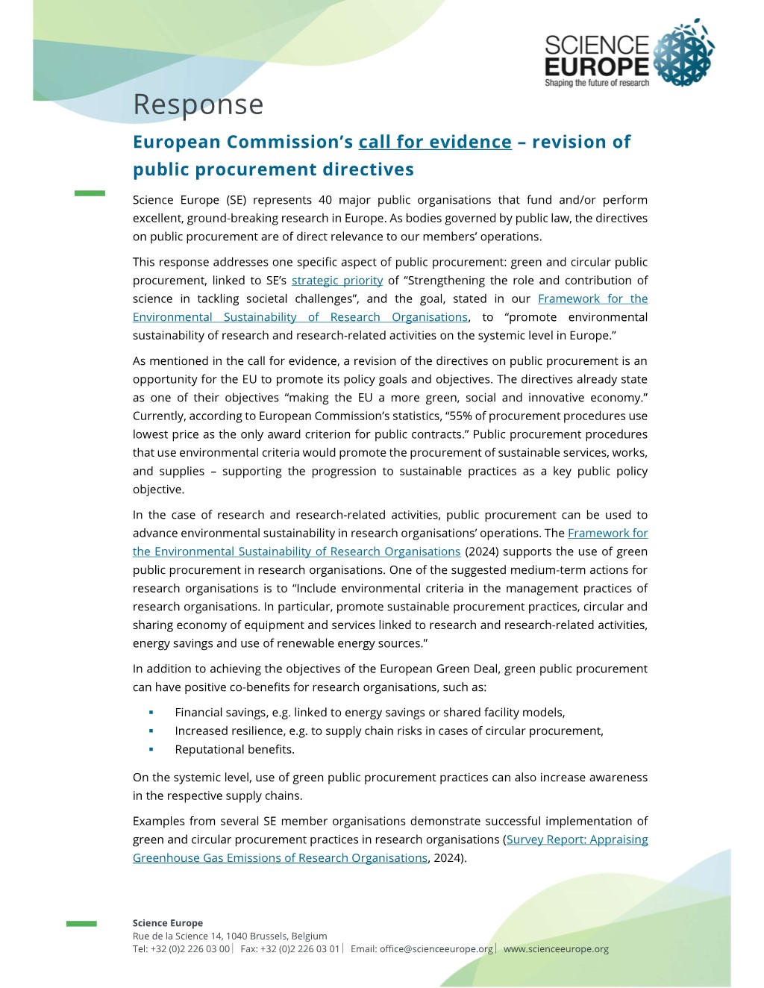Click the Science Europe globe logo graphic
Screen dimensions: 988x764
point(683,54)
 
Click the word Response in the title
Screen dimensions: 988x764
point(198,104)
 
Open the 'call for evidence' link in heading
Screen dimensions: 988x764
point(435,142)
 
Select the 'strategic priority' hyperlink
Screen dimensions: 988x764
point(337,281)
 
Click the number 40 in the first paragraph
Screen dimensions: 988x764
point(325,200)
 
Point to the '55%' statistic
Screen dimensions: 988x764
point(461,416)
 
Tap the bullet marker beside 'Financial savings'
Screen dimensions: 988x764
point(151,713)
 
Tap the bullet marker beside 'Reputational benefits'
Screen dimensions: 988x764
point(151,749)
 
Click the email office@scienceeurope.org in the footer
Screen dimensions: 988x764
point(436,949)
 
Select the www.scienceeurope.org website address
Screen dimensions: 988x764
point(556,949)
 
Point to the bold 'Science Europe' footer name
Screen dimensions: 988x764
point(168,923)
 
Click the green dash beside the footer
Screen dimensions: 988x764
point(81,924)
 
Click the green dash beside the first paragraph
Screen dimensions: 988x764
point(90,193)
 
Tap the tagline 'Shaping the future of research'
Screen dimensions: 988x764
point(597,83)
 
